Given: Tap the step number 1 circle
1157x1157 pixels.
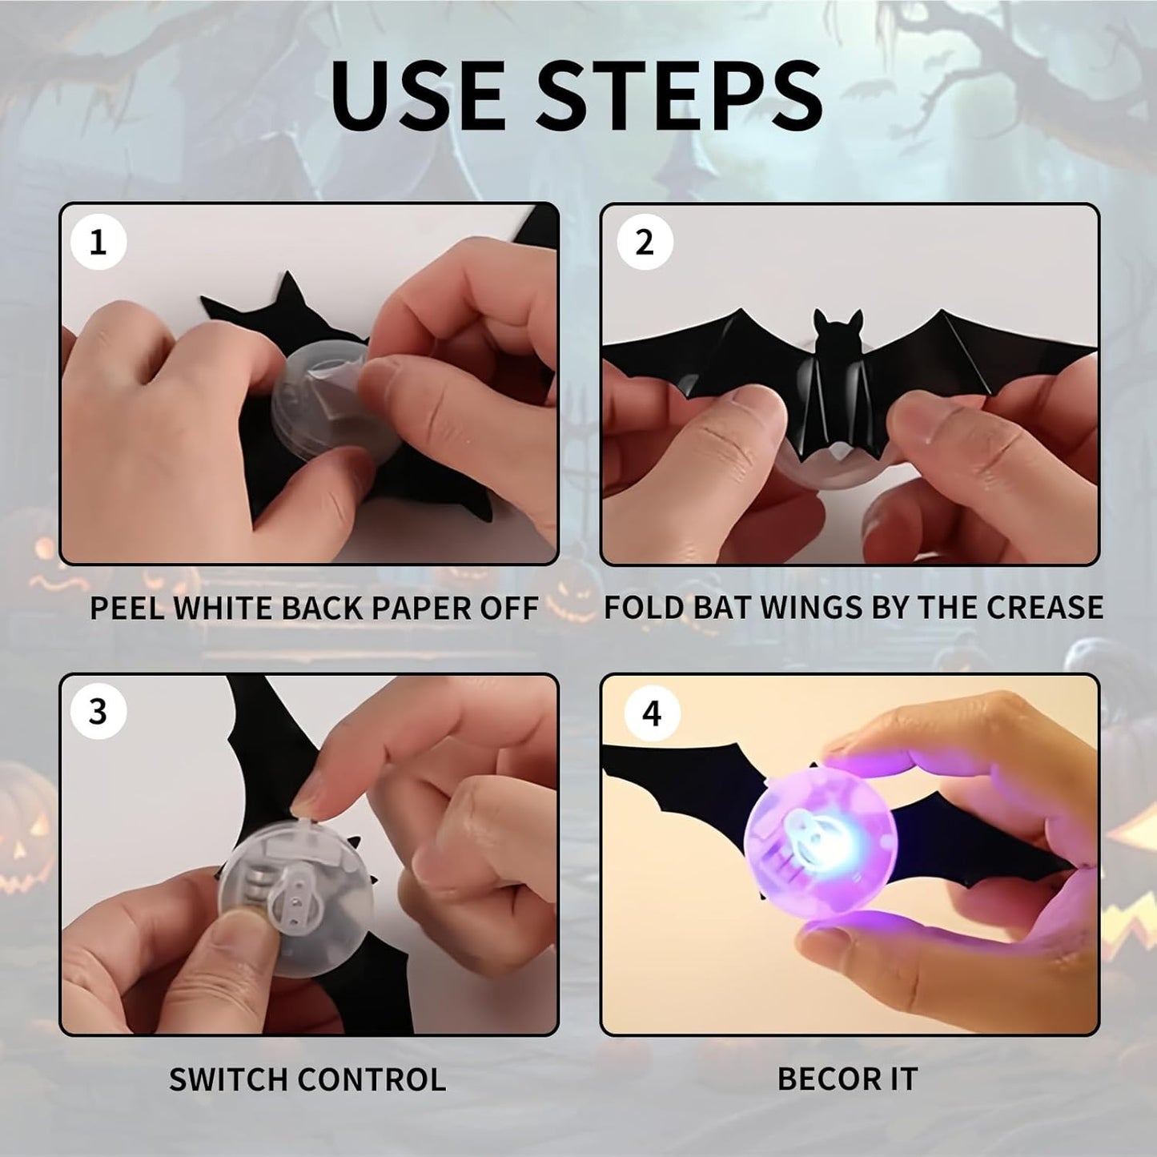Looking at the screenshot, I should tap(98, 242).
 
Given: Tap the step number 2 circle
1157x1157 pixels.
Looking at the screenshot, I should tap(645, 242).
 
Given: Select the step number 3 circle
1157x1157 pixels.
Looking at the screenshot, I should tap(98, 711).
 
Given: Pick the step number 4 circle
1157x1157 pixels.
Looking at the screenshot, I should tap(652, 713).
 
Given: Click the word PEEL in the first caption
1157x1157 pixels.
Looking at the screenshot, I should tap(127, 609).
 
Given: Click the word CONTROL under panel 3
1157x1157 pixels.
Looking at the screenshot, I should tap(372, 1079).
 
